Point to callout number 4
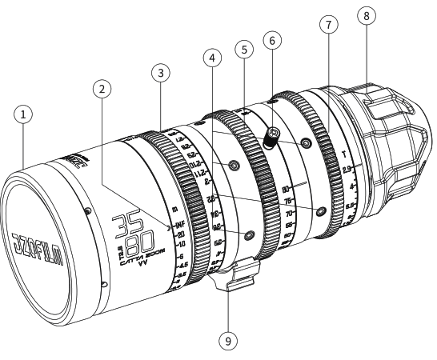coord(211,59)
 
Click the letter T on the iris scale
coord(343,154)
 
